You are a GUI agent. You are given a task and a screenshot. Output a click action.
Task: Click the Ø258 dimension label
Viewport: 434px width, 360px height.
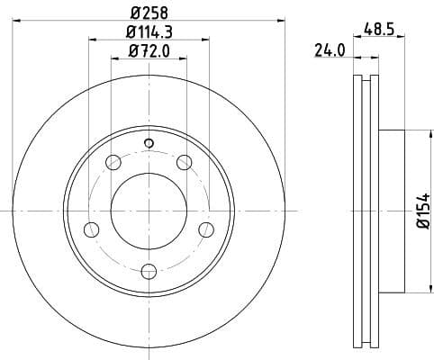pyautogui.click(x=149, y=13)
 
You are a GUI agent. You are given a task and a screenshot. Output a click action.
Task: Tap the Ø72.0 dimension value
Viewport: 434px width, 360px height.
pyautogui.click(x=149, y=52)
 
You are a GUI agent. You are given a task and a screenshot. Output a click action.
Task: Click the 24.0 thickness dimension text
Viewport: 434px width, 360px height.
pyautogui.click(x=330, y=51)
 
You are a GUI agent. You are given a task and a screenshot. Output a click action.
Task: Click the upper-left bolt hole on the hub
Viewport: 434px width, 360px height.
pyautogui.click(x=113, y=162)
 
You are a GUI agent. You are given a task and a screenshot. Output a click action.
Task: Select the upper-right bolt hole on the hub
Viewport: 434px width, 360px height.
pyautogui.click(x=185, y=162)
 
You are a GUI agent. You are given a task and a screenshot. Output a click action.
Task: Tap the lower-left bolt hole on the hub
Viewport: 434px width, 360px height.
pyautogui.click(x=91, y=229)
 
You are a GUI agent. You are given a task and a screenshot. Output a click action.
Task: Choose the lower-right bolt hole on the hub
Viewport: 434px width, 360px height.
pyautogui.click(x=206, y=229)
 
